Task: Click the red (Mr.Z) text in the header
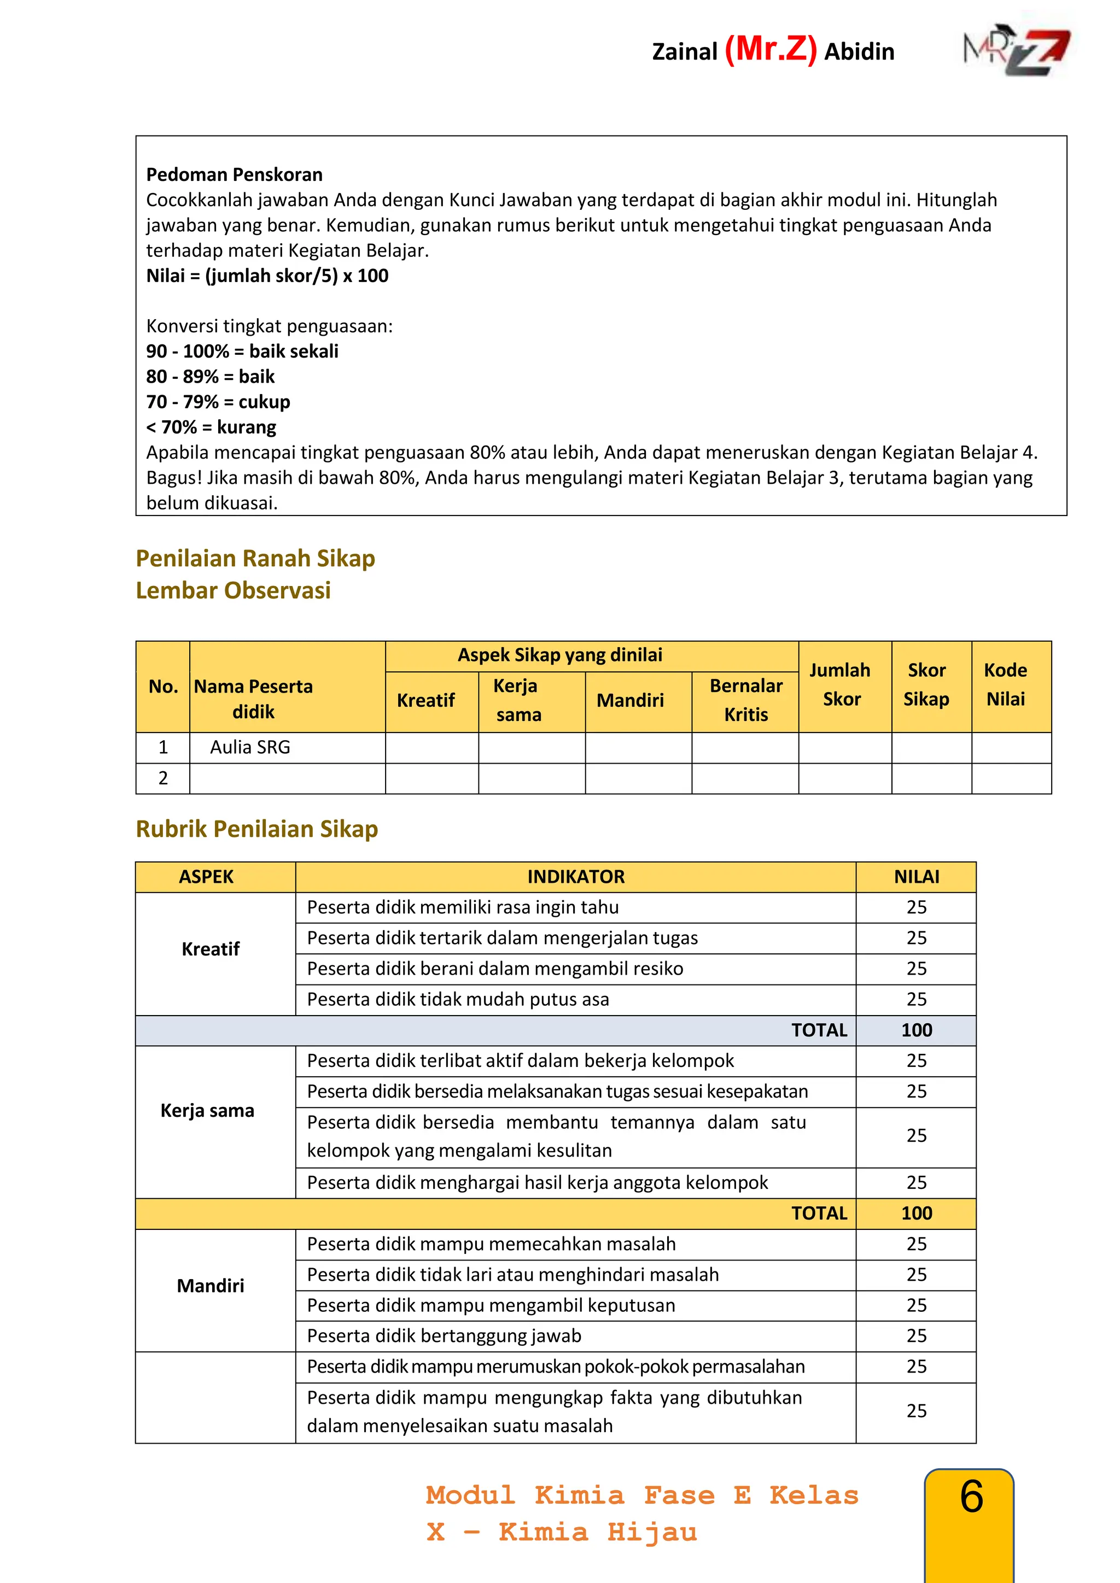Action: [x=771, y=50]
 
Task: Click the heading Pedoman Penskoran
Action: [x=234, y=174]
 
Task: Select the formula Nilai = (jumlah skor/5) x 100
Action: [x=267, y=276]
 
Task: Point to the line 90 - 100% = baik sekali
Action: [x=242, y=351]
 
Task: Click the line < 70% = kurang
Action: [x=211, y=427]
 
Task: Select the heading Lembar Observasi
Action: [x=233, y=591]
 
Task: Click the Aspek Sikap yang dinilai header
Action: [x=559, y=655]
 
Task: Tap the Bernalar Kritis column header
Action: [x=745, y=700]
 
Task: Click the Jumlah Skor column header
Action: [x=840, y=684]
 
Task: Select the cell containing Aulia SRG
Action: [x=250, y=747]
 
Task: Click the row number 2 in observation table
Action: [x=163, y=778]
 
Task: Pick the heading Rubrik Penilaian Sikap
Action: [x=256, y=829]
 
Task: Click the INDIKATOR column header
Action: [x=576, y=877]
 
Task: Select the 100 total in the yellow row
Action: [x=916, y=1213]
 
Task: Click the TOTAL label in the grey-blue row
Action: [x=819, y=1030]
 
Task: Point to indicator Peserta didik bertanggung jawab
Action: [x=444, y=1336]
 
